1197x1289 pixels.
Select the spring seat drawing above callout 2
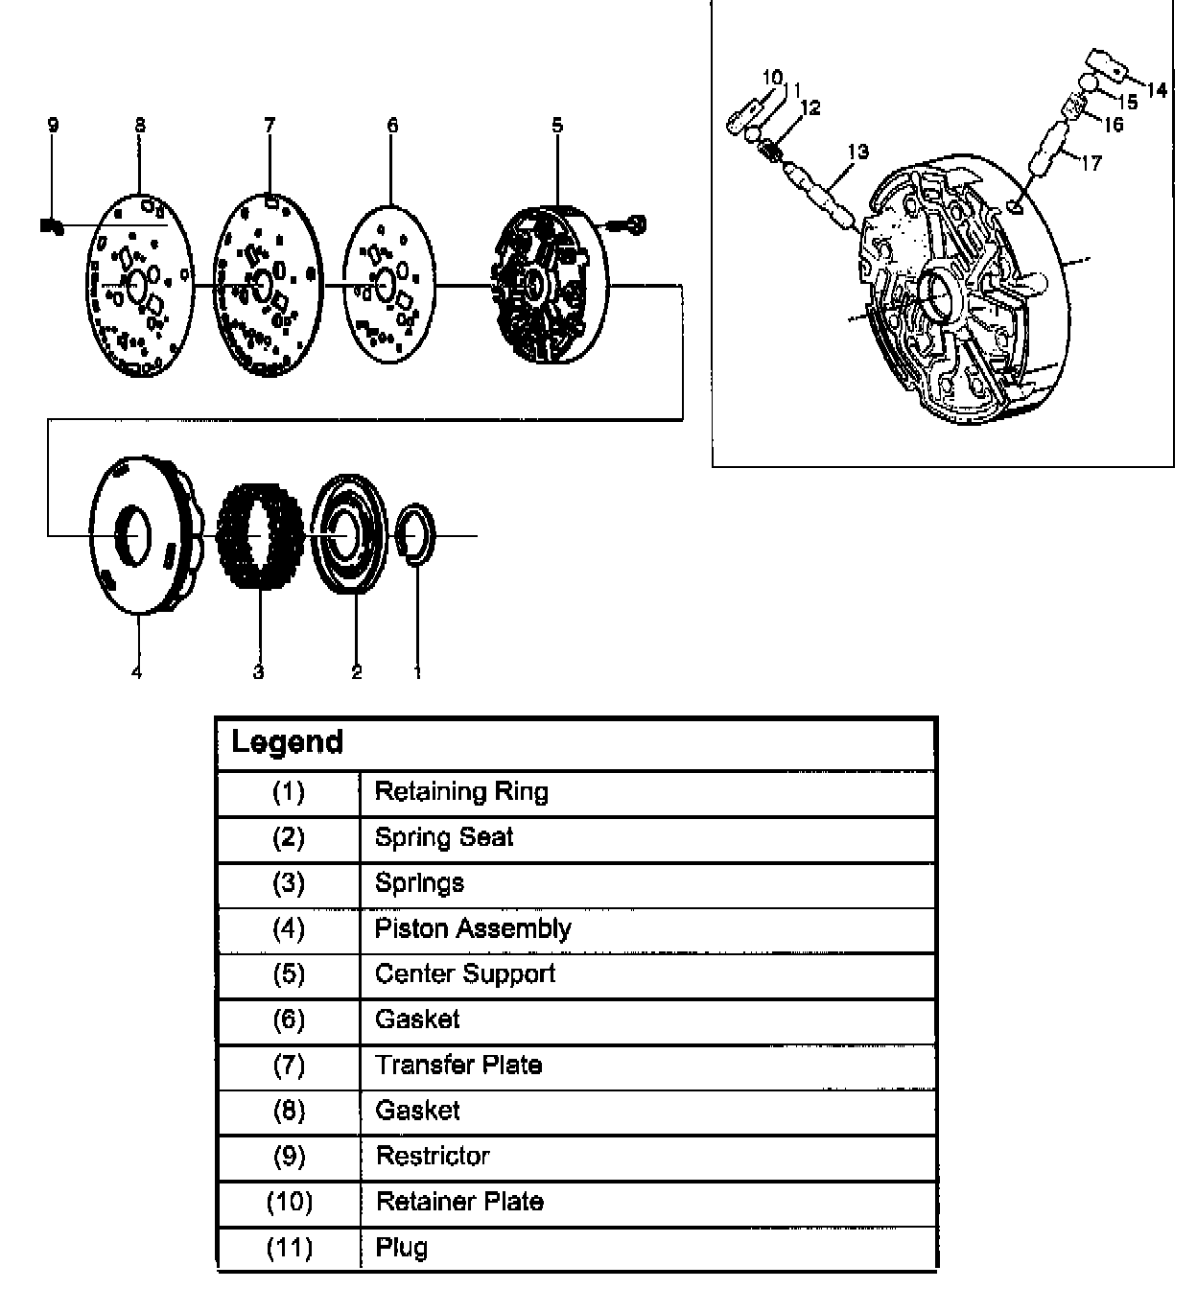350,534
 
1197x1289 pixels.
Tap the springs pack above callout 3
260,535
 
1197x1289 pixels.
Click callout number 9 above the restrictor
53,125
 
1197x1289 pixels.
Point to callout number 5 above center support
557,125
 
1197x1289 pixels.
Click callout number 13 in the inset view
857,151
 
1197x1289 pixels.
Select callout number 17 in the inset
1091,163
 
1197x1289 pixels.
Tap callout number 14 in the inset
1157,90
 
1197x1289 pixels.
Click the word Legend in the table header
287,742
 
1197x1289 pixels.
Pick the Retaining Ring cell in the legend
461,792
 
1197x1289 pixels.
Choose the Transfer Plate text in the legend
458,1065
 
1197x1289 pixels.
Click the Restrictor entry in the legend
433,1156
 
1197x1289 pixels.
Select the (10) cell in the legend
289,1202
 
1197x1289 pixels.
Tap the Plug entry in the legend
402,1248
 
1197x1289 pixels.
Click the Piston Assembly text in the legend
473,928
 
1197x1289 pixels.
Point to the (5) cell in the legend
289,974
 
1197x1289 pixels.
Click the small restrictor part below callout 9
52,226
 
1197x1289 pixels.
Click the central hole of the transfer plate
260,284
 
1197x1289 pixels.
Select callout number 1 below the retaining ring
417,672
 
